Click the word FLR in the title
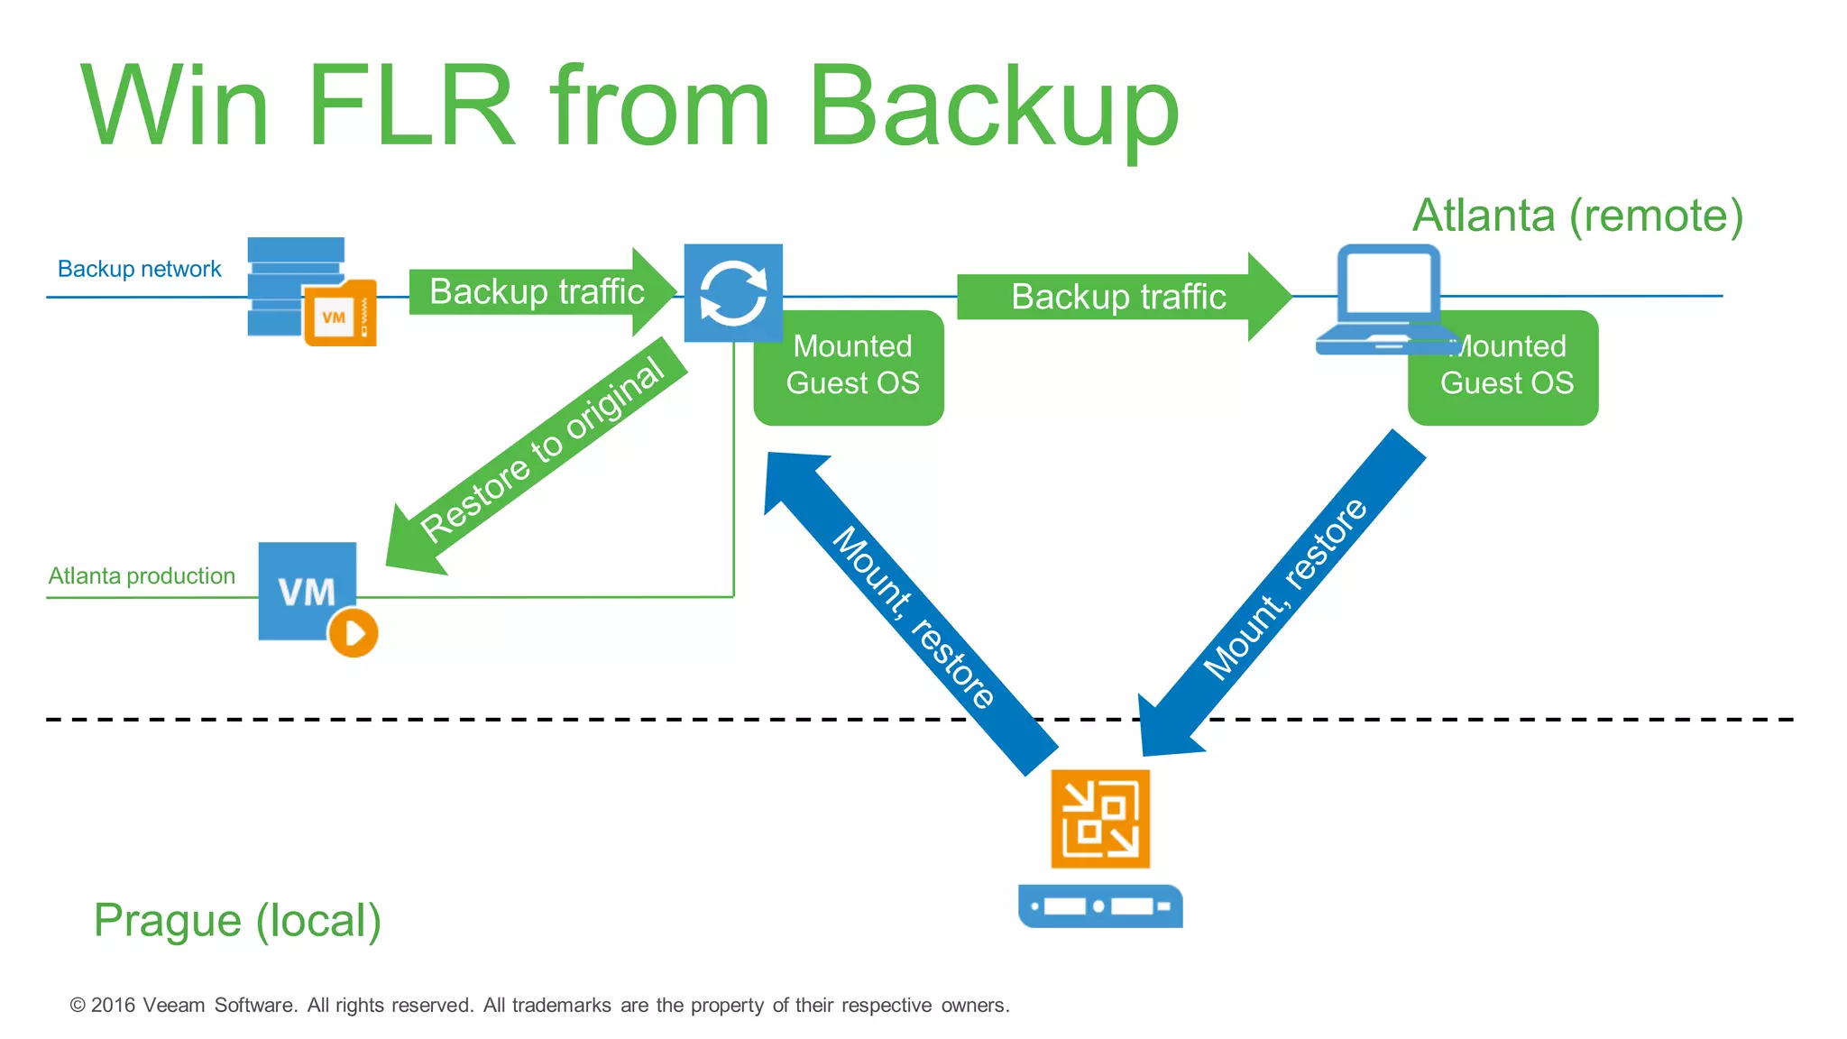411,106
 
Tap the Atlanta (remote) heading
1577,216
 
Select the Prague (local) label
237,921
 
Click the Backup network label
139,269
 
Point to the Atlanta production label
142,576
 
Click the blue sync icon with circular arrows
733,293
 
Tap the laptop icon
1385,299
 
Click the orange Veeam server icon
1100,819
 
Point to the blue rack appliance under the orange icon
1100,906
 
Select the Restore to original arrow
538,455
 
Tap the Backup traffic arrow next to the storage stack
538,292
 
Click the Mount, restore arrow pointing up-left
911,614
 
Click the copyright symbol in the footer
78,1005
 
